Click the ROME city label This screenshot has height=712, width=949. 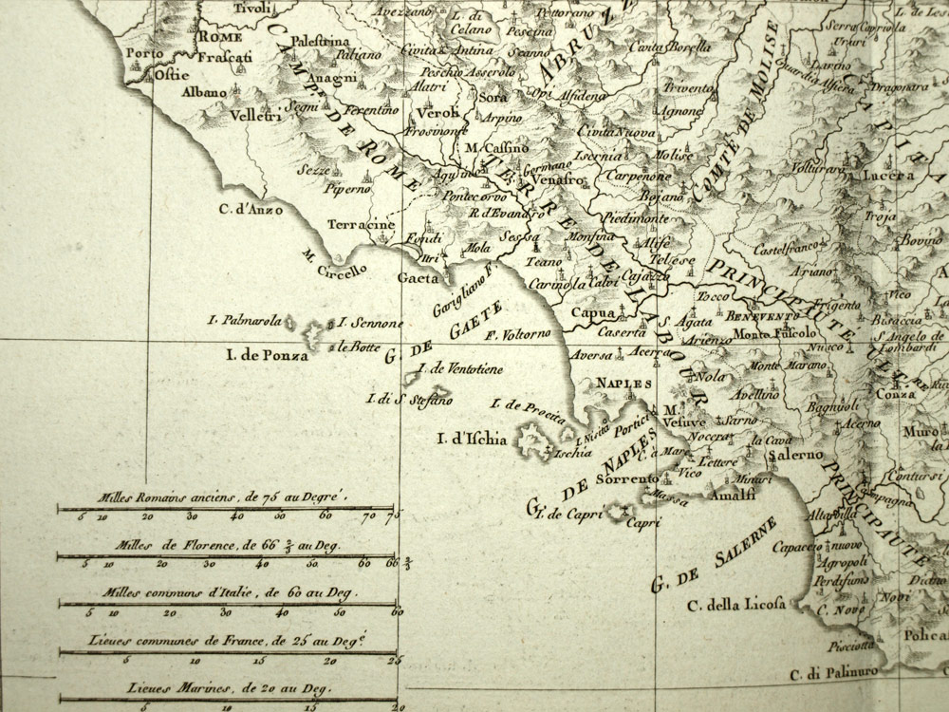tap(221, 36)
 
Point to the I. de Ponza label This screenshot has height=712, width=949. tap(268, 356)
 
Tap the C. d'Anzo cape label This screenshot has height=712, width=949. tap(250, 210)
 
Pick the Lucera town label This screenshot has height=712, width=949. tap(887, 176)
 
